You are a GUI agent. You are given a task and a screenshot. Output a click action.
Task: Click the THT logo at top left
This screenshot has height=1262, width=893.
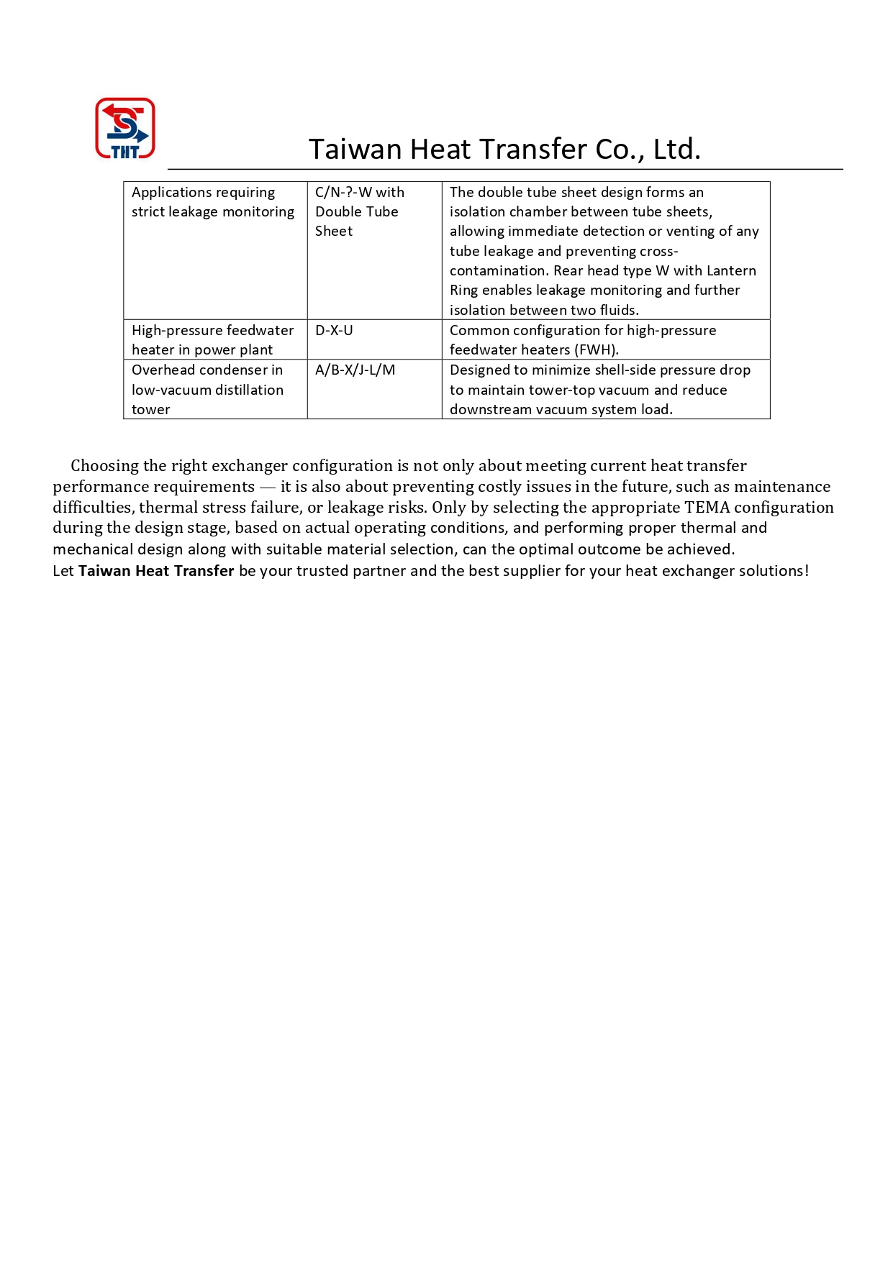tap(125, 128)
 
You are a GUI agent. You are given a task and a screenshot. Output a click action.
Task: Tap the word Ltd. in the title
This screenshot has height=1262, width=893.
tap(676, 150)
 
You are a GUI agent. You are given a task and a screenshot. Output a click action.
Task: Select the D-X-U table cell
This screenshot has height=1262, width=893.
tap(334, 331)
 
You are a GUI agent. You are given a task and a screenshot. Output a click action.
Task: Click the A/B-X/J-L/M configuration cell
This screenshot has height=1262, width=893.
tap(355, 370)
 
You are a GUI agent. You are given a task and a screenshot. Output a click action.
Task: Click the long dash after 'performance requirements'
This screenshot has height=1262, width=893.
tap(267, 487)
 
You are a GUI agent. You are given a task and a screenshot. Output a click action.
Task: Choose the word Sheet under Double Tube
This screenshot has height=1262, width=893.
tap(334, 232)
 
